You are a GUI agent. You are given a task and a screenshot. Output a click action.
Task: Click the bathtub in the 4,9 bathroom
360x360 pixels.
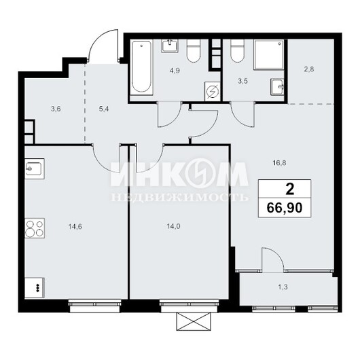(x=142, y=68)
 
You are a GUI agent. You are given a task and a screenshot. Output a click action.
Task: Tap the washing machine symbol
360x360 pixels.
(x=213, y=92)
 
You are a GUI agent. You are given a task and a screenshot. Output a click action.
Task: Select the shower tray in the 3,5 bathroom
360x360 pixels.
(x=269, y=54)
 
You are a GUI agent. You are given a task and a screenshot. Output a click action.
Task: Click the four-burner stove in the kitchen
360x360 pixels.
(x=35, y=228)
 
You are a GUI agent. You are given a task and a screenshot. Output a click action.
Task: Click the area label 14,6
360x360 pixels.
(x=75, y=227)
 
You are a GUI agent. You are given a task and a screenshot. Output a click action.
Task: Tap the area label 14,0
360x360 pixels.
(x=174, y=227)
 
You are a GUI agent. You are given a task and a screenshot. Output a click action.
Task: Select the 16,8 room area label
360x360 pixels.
(x=279, y=163)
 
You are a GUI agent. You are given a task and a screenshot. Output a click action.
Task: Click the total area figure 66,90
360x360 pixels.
(x=285, y=208)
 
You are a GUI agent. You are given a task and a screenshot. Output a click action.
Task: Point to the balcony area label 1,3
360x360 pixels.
(x=283, y=287)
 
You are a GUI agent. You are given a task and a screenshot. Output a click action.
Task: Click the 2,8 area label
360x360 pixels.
(x=309, y=69)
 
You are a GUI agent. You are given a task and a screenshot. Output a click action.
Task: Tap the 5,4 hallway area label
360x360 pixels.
(x=104, y=109)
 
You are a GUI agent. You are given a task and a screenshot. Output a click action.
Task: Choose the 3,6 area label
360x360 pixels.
(x=56, y=109)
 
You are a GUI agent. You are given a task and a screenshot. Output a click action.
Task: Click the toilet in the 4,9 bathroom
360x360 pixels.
(x=194, y=51)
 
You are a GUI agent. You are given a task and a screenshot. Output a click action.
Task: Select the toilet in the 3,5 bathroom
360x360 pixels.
(x=237, y=51)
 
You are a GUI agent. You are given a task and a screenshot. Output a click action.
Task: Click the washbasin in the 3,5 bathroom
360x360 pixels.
(x=277, y=87)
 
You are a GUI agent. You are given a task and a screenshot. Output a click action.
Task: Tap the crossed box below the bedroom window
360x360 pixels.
(x=194, y=322)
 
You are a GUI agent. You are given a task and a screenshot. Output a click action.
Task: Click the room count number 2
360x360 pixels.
(x=290, y=190)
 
